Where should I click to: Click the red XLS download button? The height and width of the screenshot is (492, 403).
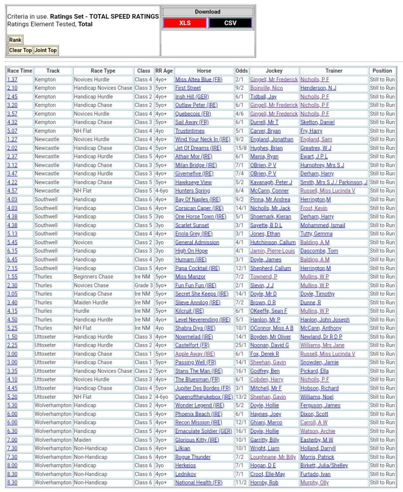point(185,23)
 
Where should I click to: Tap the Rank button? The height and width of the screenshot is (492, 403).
point(15,40)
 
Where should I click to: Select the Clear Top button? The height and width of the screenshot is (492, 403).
point(20,50)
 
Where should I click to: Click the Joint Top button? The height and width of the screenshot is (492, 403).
point(45,50)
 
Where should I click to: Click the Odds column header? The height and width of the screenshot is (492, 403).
point(241,71)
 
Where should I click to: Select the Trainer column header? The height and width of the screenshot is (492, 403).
point(334,71)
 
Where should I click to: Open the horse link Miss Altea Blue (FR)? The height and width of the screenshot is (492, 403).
point(199,80)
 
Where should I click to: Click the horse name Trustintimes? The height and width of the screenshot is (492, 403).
point(189,131)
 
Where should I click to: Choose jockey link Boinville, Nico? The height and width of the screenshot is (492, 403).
point(266,88)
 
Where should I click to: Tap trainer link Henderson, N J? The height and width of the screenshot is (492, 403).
point(318,88)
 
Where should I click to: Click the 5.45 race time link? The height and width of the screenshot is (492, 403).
point(12,243)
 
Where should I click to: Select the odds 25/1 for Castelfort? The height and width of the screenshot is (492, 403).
point(241,345)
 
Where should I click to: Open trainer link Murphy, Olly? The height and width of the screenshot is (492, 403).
point(315,482)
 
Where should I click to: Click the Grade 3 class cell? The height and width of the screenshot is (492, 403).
point(143,285)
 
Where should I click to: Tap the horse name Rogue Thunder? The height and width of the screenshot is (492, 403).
point(193,457)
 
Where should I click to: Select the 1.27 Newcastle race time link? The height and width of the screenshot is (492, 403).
point(12,139)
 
